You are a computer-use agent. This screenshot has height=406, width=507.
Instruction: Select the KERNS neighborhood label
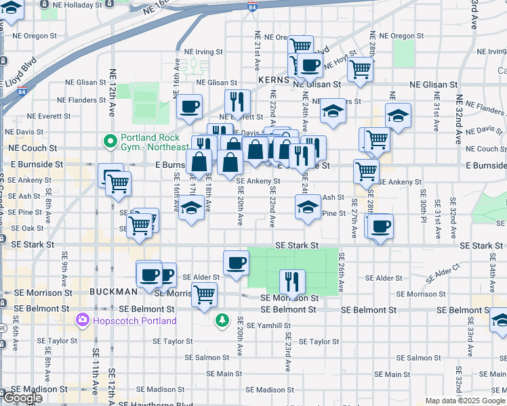coord(274,80)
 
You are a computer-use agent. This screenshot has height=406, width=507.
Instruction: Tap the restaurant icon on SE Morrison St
coord(292,280)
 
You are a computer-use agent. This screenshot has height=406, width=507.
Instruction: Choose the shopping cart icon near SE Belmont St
coord(204,294)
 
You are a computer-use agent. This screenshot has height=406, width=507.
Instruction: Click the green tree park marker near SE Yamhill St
coord(222,319)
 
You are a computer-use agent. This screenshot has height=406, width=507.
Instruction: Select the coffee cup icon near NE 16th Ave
coord(190,106)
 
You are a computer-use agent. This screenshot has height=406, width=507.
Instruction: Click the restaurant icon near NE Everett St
coord(237,101)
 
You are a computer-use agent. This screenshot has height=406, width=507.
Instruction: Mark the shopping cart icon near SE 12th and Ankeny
coord(118,182)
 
